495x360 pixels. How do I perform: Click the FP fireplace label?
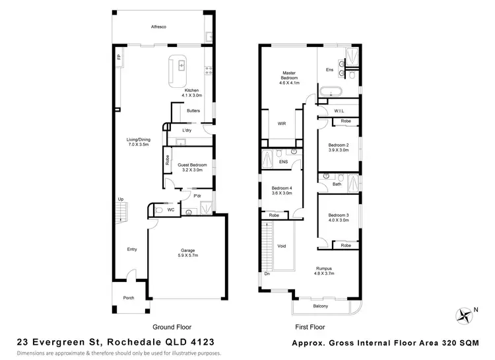(119, 57)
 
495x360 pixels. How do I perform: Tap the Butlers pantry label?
(193, 110)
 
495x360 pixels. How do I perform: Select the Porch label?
(129, 298)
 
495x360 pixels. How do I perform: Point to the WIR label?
(280, 123)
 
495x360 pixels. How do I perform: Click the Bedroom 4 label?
(282, 191)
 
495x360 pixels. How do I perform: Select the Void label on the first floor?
(282, 246)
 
